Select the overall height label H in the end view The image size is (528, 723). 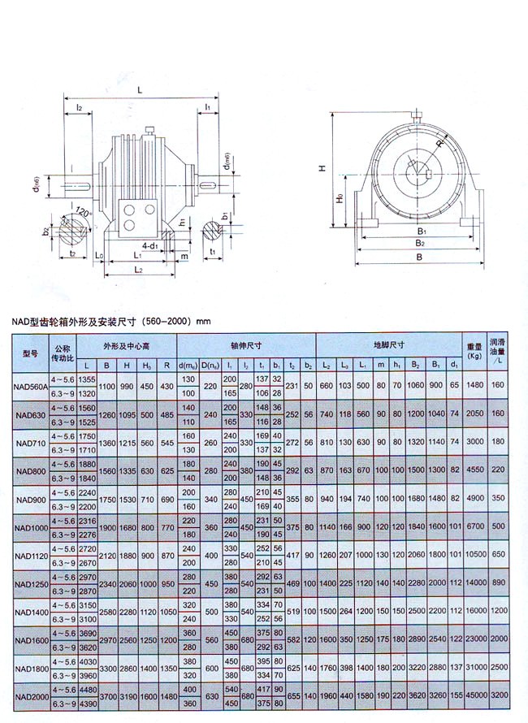point(322,168)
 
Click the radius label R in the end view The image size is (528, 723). point(439,144)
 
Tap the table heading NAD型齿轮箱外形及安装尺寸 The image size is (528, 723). point(110,321)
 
